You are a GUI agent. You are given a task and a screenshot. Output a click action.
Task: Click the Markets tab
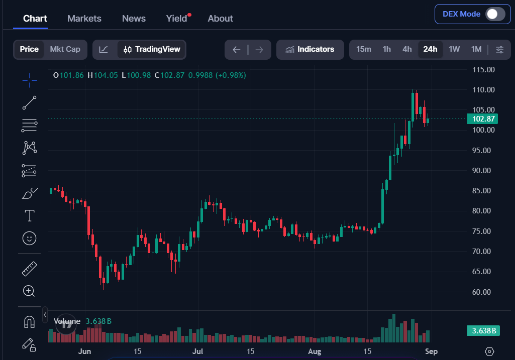(84, 19)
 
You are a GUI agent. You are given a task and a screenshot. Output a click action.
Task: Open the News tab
(134, 19)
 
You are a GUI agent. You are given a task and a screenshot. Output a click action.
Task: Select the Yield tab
(177, 19)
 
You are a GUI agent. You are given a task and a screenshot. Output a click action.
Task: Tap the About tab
(221, 19)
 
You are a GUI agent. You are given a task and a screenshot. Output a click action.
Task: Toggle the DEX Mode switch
(495, 14)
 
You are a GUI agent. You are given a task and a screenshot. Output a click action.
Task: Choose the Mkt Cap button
(65, 49)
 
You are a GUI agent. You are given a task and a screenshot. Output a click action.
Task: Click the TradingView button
(152, 49)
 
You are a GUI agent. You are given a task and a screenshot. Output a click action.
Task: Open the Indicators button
(310, 49)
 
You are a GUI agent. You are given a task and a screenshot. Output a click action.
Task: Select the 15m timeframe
(364, 49)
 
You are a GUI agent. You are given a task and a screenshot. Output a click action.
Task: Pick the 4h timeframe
(407, 49)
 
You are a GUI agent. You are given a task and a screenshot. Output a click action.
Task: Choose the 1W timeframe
(454, 49)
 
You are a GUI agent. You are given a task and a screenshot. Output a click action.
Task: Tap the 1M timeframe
(476, 49)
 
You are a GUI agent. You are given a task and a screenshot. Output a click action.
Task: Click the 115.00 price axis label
(483, 70)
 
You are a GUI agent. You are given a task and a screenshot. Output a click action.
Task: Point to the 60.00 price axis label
(481, 292)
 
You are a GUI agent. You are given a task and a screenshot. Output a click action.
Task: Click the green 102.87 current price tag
(482, 119)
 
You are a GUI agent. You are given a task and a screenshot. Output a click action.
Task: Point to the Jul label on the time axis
(198, 351)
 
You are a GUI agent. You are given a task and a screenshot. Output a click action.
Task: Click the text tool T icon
(30, 215)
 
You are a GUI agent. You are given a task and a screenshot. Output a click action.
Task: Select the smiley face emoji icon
(29, 238)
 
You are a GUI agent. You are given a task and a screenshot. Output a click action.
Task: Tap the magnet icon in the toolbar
(29, 322)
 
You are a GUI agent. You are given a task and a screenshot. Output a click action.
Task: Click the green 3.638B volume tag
(483, 330)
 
